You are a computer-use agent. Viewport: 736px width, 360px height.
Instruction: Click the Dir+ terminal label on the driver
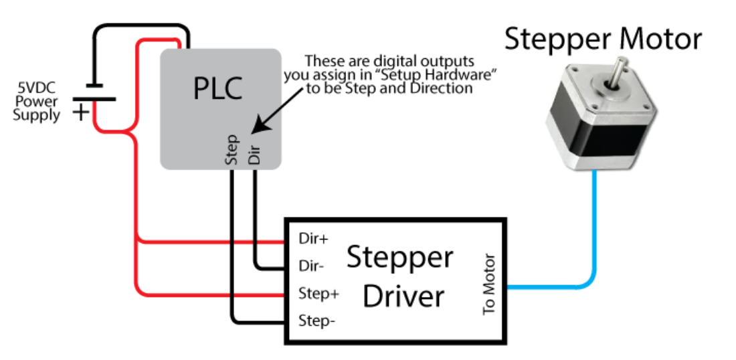point(312,239)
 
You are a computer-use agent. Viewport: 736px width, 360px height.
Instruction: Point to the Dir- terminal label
point(311,266)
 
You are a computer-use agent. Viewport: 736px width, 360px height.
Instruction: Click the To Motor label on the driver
point(489,284)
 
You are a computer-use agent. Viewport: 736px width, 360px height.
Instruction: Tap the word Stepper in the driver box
point(399,258)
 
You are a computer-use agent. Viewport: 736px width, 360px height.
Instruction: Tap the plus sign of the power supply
point(80,112)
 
